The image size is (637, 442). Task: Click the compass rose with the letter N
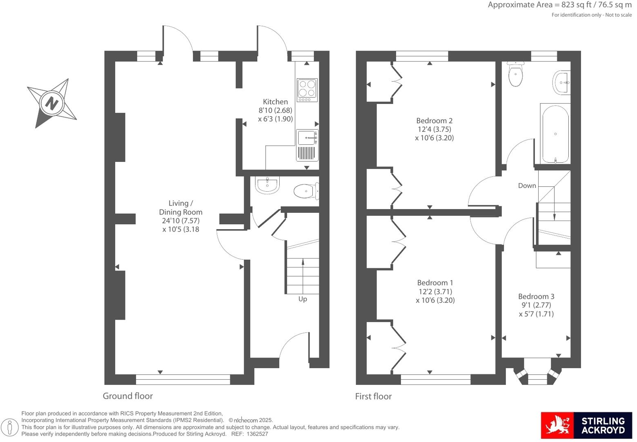click(x=51, y=103)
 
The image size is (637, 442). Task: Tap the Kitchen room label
click(x=275, y=102)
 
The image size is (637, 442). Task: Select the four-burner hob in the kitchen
click(x=307, y=90)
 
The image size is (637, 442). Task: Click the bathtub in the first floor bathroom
click(x=555, y=133)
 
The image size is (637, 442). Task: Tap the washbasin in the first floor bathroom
click(x=562, y=83)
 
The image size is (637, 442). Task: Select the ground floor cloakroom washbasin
click(x=267, y=185)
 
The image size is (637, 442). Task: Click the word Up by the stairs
click(x=303, y=299)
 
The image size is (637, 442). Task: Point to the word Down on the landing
click(x=527, y=186)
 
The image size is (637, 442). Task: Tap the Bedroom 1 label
click(x=435, y=283)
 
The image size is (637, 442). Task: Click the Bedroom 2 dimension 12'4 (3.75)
click(x=434, y=129)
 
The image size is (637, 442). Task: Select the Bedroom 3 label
click(x=536, y=296)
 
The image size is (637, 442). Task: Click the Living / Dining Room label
click(x=180, y=208)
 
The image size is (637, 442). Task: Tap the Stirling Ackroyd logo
click(x=586, y=425)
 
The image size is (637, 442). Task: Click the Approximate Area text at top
click(x=559, y=5)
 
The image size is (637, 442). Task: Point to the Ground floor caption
click(x=128, y=396)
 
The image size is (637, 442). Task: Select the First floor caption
click(x=373, y=396)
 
